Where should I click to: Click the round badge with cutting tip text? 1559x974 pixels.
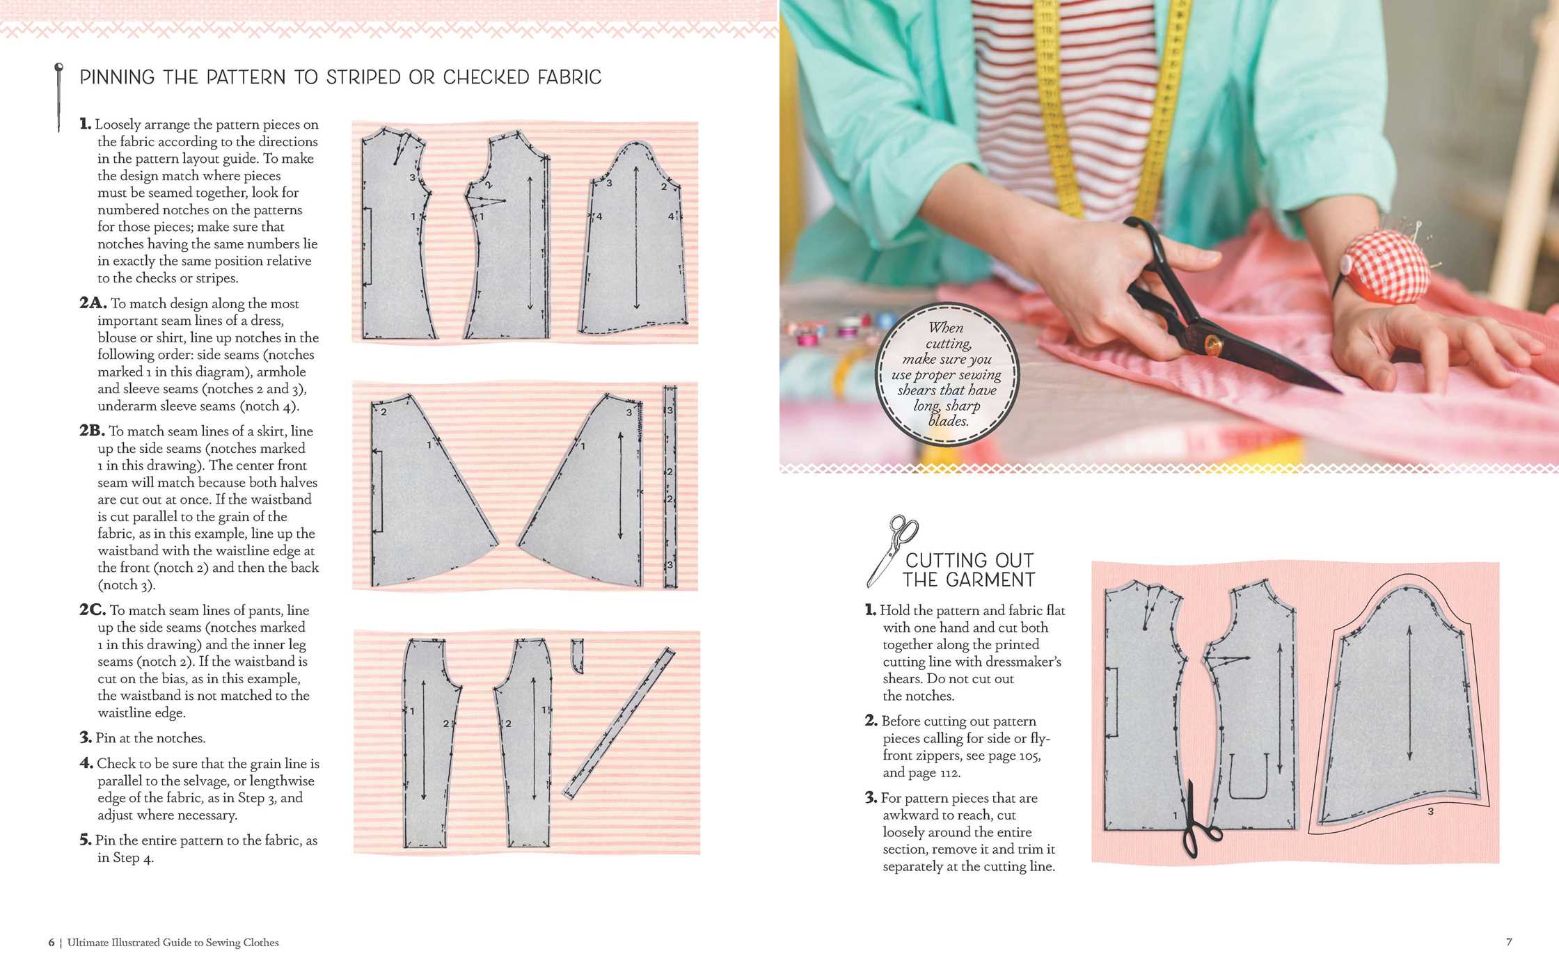point(947,374)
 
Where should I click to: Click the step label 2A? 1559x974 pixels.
point(93,303)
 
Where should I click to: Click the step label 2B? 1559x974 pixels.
point(92,431)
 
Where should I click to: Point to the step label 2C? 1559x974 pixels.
point(93,610)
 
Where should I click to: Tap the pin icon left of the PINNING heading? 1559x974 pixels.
point(58,97)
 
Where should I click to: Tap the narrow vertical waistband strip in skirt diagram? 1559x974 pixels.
point(670,486)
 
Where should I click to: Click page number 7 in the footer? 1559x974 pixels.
point(1509,942)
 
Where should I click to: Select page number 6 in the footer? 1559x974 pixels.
point(51,942)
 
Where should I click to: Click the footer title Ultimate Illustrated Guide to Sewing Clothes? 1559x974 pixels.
point(173,942)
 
